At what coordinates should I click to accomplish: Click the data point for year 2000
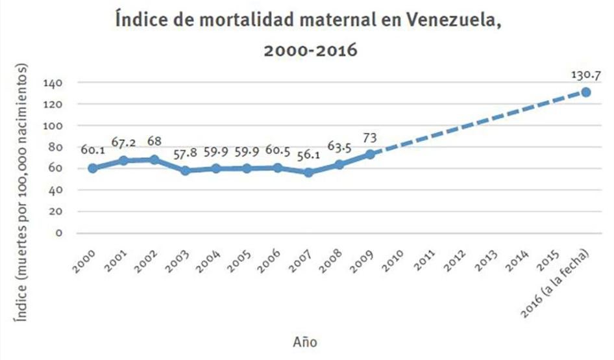[x=93, y=168]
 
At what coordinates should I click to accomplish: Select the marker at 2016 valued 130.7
[x=585, y=92]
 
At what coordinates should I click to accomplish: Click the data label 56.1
[x=307, y=157]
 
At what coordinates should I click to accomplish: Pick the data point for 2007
[x=308, y=173]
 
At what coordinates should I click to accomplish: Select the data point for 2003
[x=185, y=171]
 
